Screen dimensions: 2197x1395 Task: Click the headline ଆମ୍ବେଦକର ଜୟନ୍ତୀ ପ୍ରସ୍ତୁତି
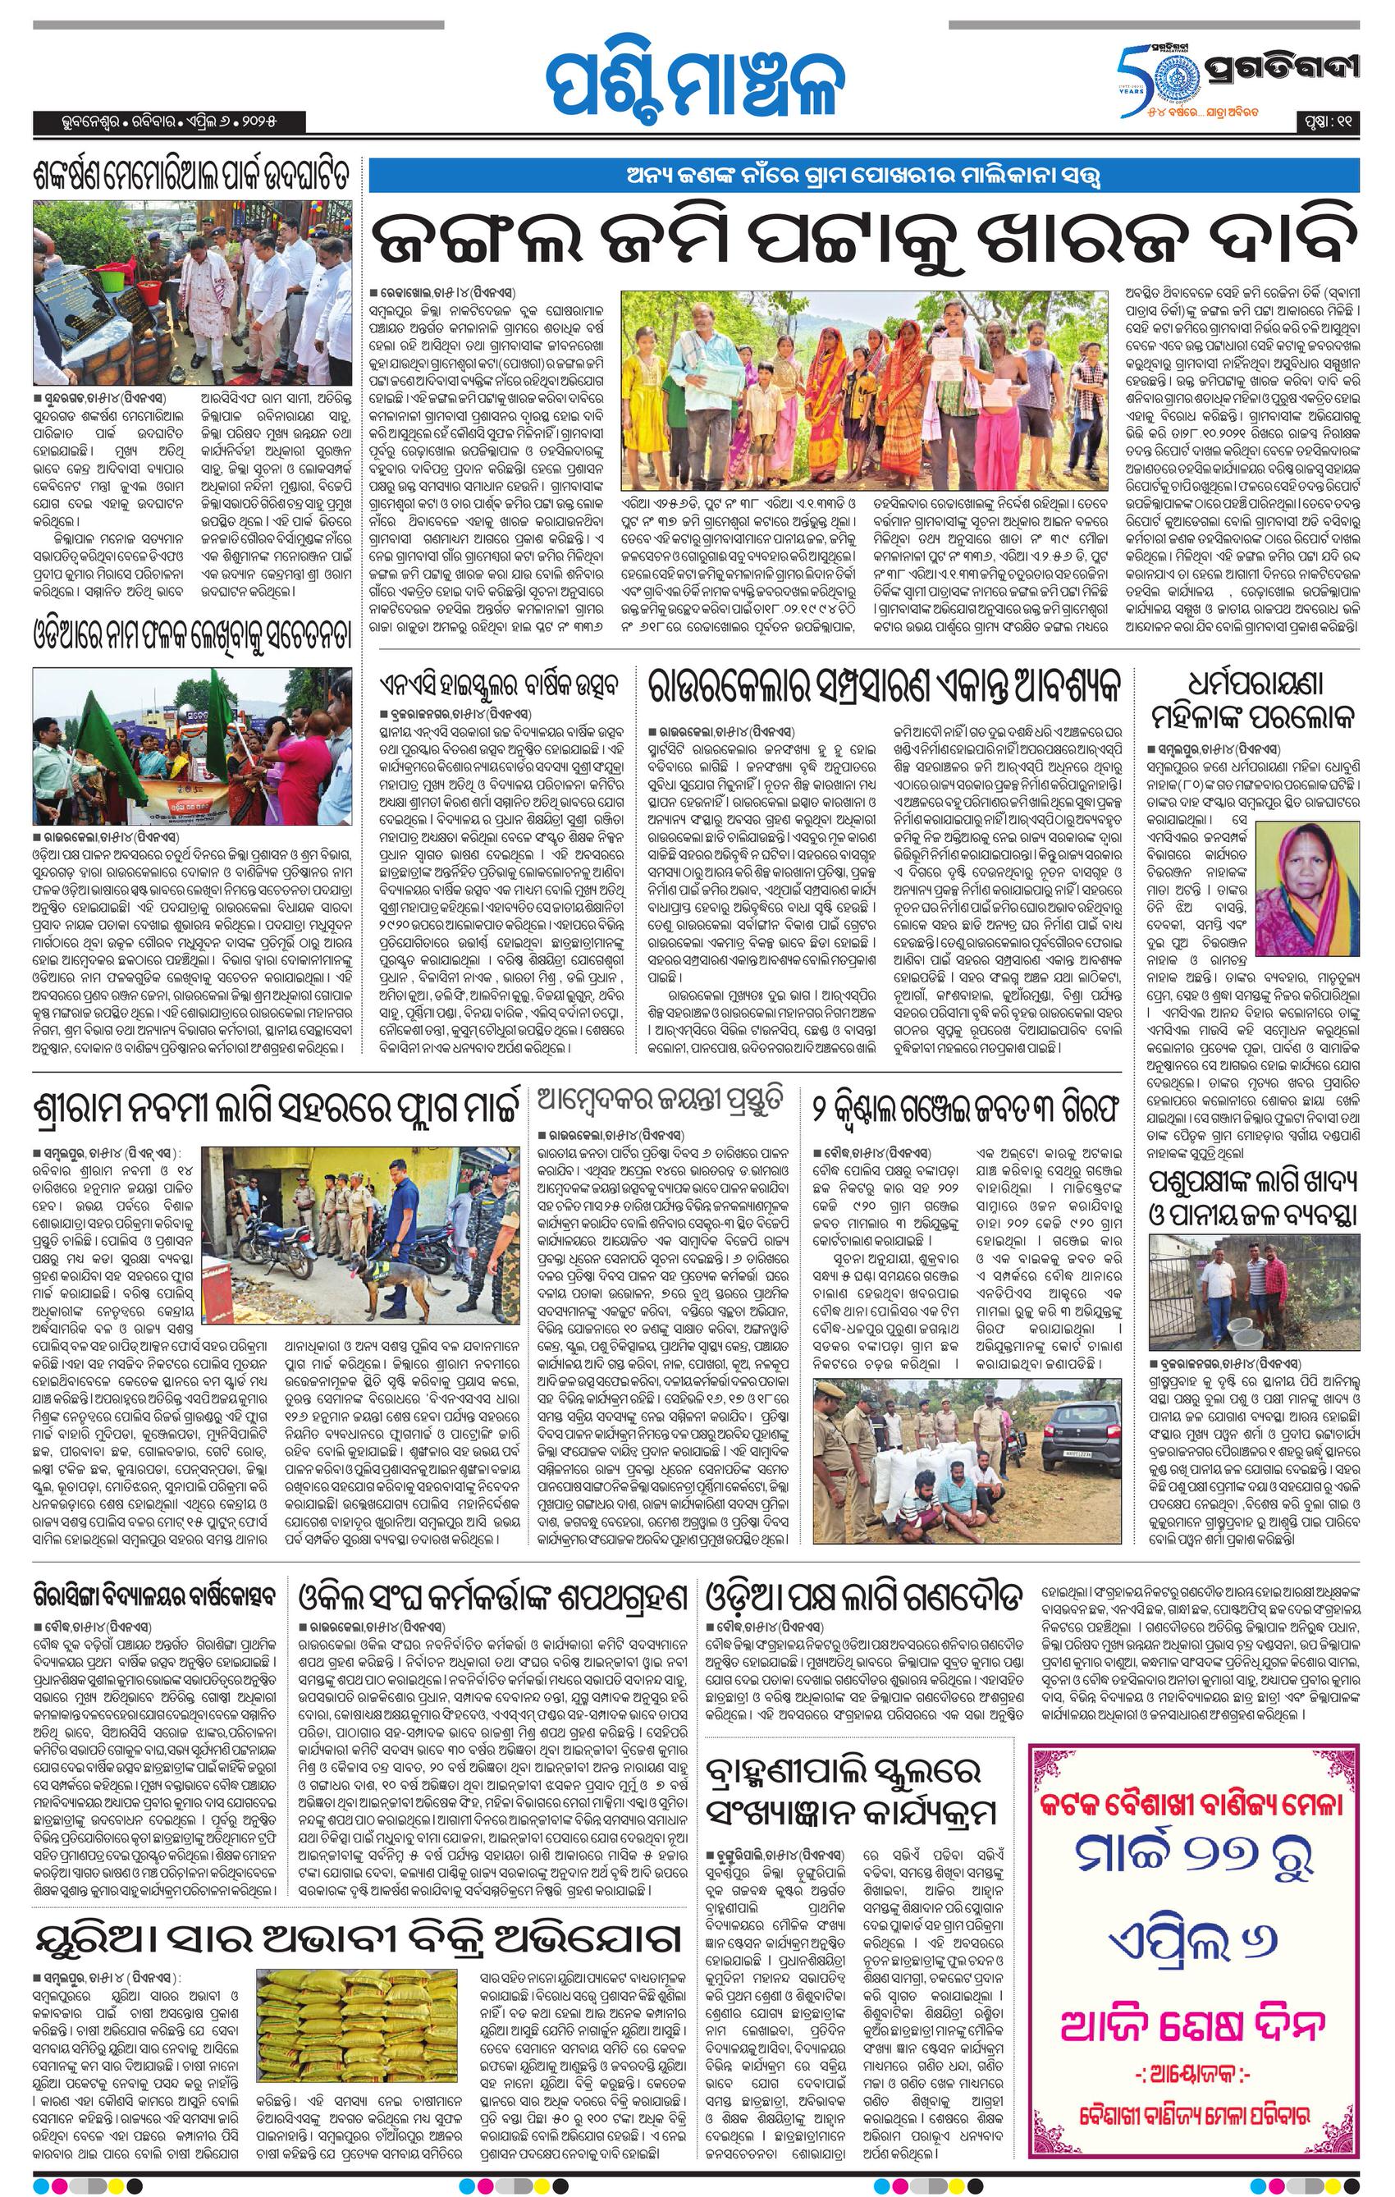(660, 1103)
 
